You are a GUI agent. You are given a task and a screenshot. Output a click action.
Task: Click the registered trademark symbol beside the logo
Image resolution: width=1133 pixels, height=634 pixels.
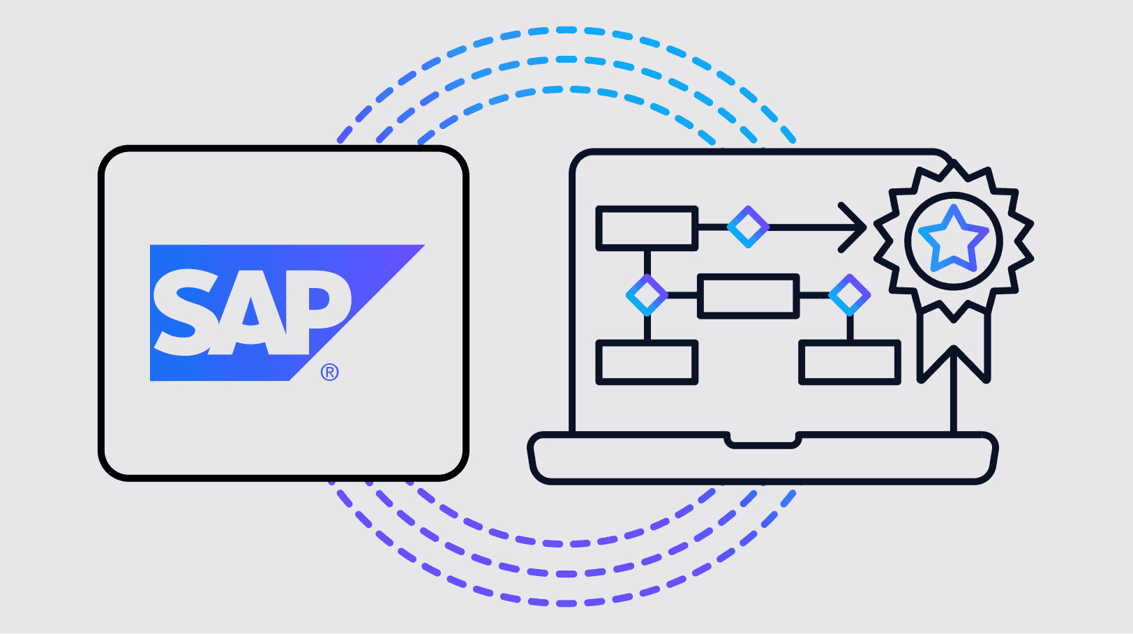329,372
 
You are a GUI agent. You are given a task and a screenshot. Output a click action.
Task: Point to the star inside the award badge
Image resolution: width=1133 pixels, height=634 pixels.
953,239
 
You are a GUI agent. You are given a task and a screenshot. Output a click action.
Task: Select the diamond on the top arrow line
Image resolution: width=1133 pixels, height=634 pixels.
748,227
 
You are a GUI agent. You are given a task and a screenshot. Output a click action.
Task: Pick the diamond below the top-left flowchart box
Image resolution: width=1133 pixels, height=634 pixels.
647,295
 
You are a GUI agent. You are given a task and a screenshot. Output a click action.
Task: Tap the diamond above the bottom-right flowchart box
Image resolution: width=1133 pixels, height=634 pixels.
849,295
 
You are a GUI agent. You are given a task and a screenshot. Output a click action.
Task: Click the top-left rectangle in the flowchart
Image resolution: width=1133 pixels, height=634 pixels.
647,228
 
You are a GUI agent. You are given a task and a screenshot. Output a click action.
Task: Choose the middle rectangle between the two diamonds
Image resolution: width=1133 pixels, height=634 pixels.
748,296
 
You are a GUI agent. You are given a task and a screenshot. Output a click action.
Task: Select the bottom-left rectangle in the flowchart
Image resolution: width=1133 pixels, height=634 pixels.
647,363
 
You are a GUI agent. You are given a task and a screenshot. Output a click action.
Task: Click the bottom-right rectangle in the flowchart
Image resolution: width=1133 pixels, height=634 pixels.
849,363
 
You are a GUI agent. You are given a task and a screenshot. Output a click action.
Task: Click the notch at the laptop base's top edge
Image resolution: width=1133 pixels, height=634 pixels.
763,441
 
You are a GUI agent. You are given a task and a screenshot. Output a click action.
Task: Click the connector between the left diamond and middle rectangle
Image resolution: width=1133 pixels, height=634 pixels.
682,296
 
